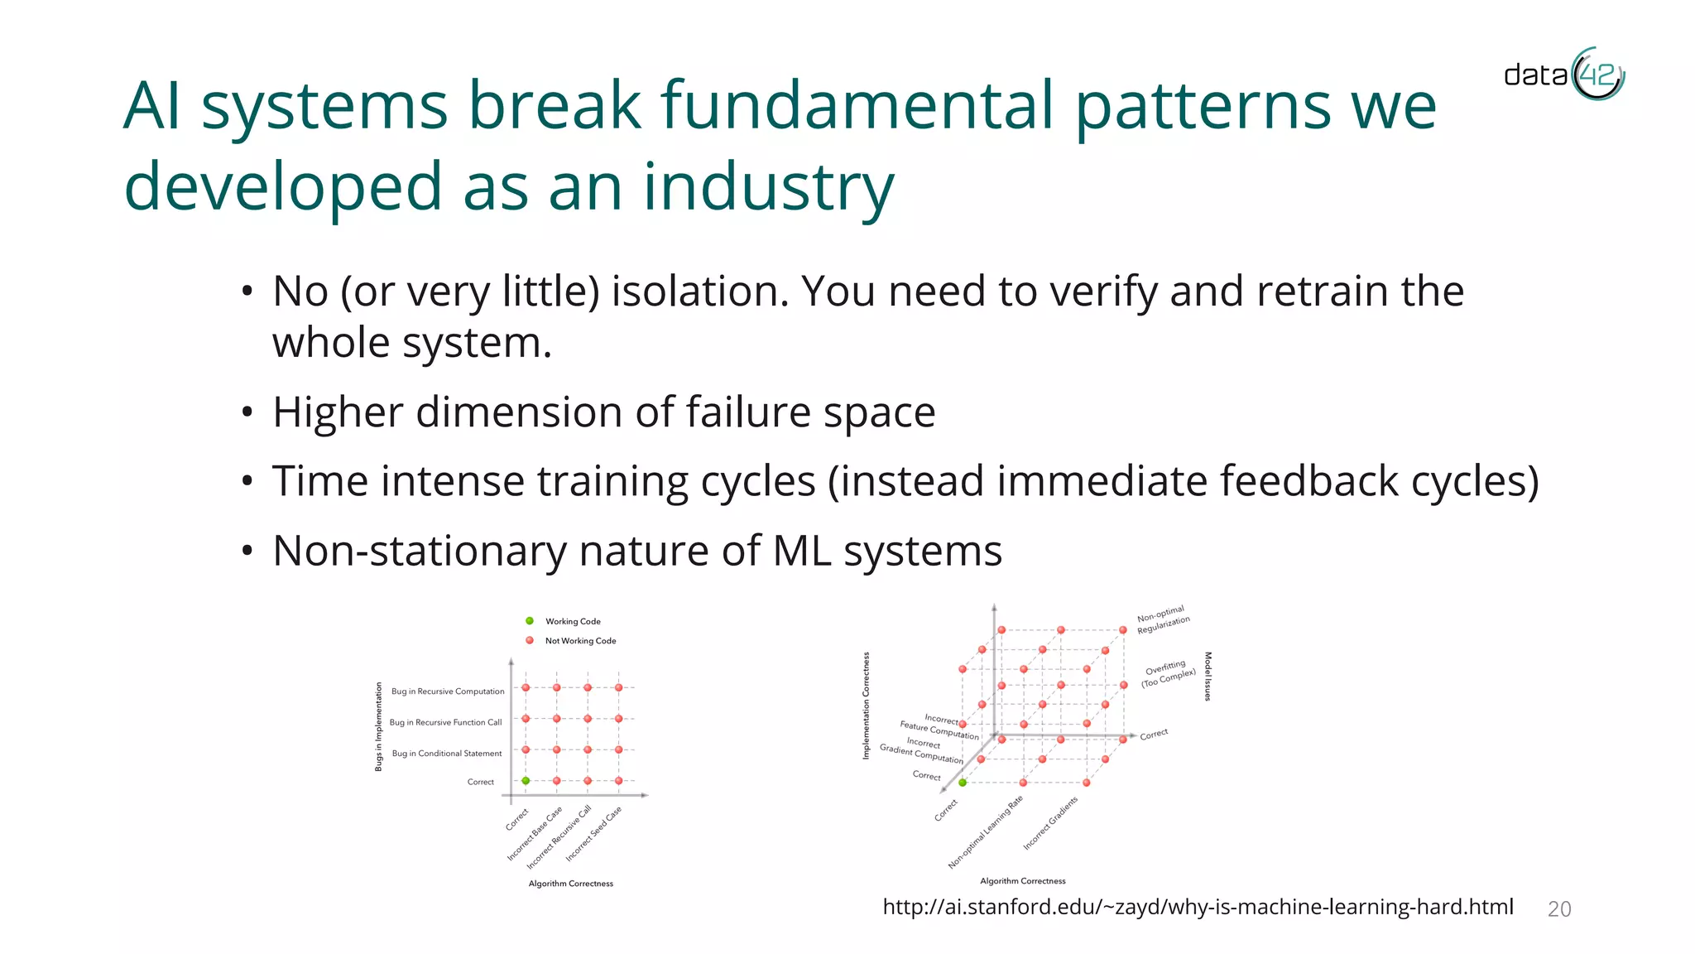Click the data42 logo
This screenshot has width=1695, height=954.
tap(1563, 75)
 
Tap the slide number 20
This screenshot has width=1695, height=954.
tap(1558, 909)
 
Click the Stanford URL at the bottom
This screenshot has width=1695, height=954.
tap(1198, 907)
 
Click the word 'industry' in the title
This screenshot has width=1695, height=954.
tap(769, 187)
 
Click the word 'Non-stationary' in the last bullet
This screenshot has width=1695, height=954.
tap(419, 552)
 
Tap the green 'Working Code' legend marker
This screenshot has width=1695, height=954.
tap(530, 621)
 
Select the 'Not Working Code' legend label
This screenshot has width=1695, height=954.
tap(580, 641)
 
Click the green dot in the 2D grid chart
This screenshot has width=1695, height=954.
tap(526, 781)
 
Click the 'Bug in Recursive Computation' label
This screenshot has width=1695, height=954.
tap(447, 691)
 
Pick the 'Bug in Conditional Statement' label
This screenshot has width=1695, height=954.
tap(446, 754)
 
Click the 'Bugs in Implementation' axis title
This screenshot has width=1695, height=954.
tap(379, 727)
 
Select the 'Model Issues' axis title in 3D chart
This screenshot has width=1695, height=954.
tap(1208, 677)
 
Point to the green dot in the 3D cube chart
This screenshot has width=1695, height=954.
tap(963, 783)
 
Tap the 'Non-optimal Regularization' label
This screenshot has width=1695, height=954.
tap(1163, 619)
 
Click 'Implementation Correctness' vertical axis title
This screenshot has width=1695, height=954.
tap(867, 706)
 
